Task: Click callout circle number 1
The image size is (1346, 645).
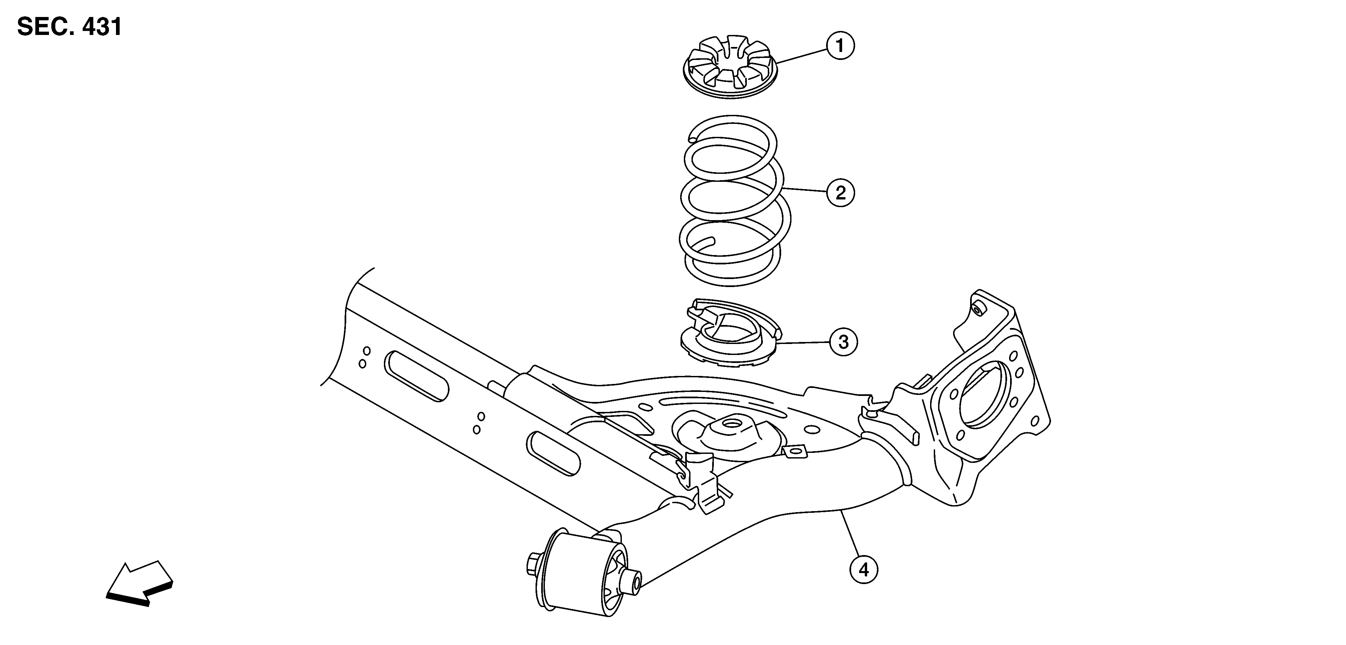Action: pyautogui.click(x=840, y=47)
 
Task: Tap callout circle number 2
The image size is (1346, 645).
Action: pyautogui.click(x=840, y=193)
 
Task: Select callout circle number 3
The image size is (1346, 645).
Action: pyautogui.click(x=843, y=342)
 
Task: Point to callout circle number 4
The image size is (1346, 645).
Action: pyautogui.click(x=864, y=570)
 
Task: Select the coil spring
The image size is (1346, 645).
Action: pyautogui.click(x=734, y=200)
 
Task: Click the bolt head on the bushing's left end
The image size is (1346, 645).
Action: pyautogui.click(x=534, y=564)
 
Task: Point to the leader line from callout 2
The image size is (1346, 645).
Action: pyautogui.click(x=805, y=190)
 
